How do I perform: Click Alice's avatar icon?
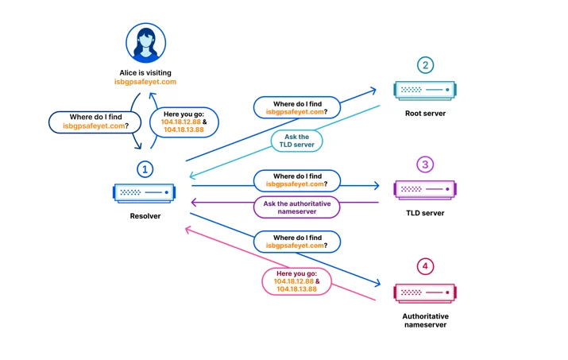click(x=145, y=43)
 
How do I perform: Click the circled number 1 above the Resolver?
click(x=145, y=169)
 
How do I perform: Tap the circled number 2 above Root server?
click(x=425, y=65)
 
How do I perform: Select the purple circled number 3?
click(x=425, y=165)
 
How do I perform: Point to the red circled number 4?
click(x=425, y=266)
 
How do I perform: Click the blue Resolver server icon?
click(x=144, y=192)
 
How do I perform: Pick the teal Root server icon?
click(x=425, y=90)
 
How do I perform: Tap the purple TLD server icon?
click(x=425, y=190)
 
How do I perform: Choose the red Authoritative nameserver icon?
click(x=425, y=293)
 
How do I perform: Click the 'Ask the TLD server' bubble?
click(x=296, y=141)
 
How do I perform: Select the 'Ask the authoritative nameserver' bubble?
click(x=296, y=207)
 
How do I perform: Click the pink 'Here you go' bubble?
click(x=296, y=281)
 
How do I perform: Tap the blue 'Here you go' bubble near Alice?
click(x=184, y=122)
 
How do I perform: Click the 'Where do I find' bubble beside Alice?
click(x=95, y=122)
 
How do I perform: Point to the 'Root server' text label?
click(x=425, y=114)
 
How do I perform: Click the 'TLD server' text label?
click(x=425, y=213)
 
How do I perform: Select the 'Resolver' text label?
click(x=145, y=216)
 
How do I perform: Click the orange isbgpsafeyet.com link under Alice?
click(x=145, y=82)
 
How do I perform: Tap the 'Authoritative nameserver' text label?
click(x=425, y=320)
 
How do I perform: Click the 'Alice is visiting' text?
click(x=145, y=73)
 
